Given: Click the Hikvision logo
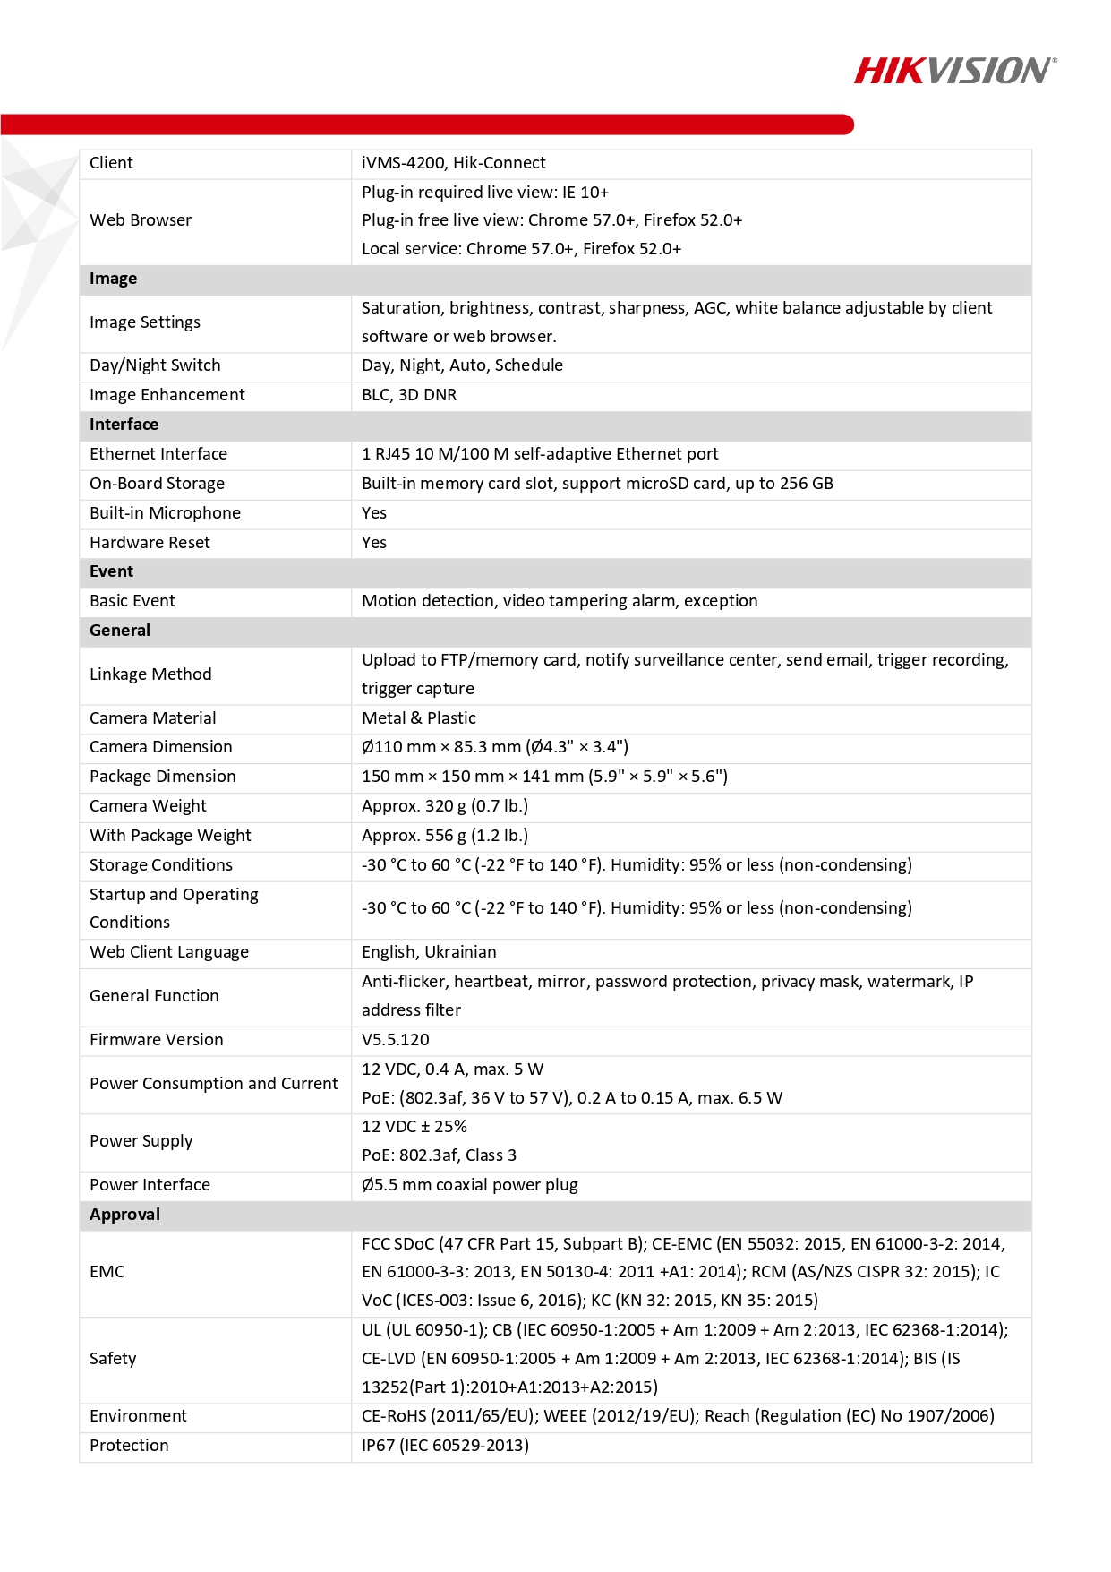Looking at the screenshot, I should [954, 71].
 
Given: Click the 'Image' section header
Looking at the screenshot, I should [114, 279].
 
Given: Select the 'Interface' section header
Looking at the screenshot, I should [124, 425].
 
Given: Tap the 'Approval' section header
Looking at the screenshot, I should [124, 1215].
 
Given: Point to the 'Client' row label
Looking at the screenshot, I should [111, 163].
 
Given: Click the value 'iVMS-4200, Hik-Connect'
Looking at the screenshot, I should [453, 163].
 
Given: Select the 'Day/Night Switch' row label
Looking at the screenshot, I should [155, 365].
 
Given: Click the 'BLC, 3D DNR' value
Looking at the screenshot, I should [409, 395].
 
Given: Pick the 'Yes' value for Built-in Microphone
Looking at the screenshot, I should [374, 513].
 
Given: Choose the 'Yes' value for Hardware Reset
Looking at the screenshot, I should [374, 543].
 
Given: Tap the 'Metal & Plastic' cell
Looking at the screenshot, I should [418, 718].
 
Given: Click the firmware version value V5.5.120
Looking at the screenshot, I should [395, 1040].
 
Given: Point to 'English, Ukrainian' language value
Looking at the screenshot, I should [429, 952].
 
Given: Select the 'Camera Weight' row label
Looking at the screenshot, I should [148, 806].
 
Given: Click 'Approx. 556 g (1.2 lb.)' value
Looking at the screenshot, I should [445, 836].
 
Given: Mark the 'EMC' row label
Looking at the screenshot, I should [107, 1272].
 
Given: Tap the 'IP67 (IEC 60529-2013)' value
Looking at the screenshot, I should [445, 1446].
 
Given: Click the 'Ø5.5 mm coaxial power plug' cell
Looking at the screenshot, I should [469, 1185].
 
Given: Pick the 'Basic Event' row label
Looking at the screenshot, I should [132, 601].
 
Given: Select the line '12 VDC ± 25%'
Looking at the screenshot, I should [414, 1127].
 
